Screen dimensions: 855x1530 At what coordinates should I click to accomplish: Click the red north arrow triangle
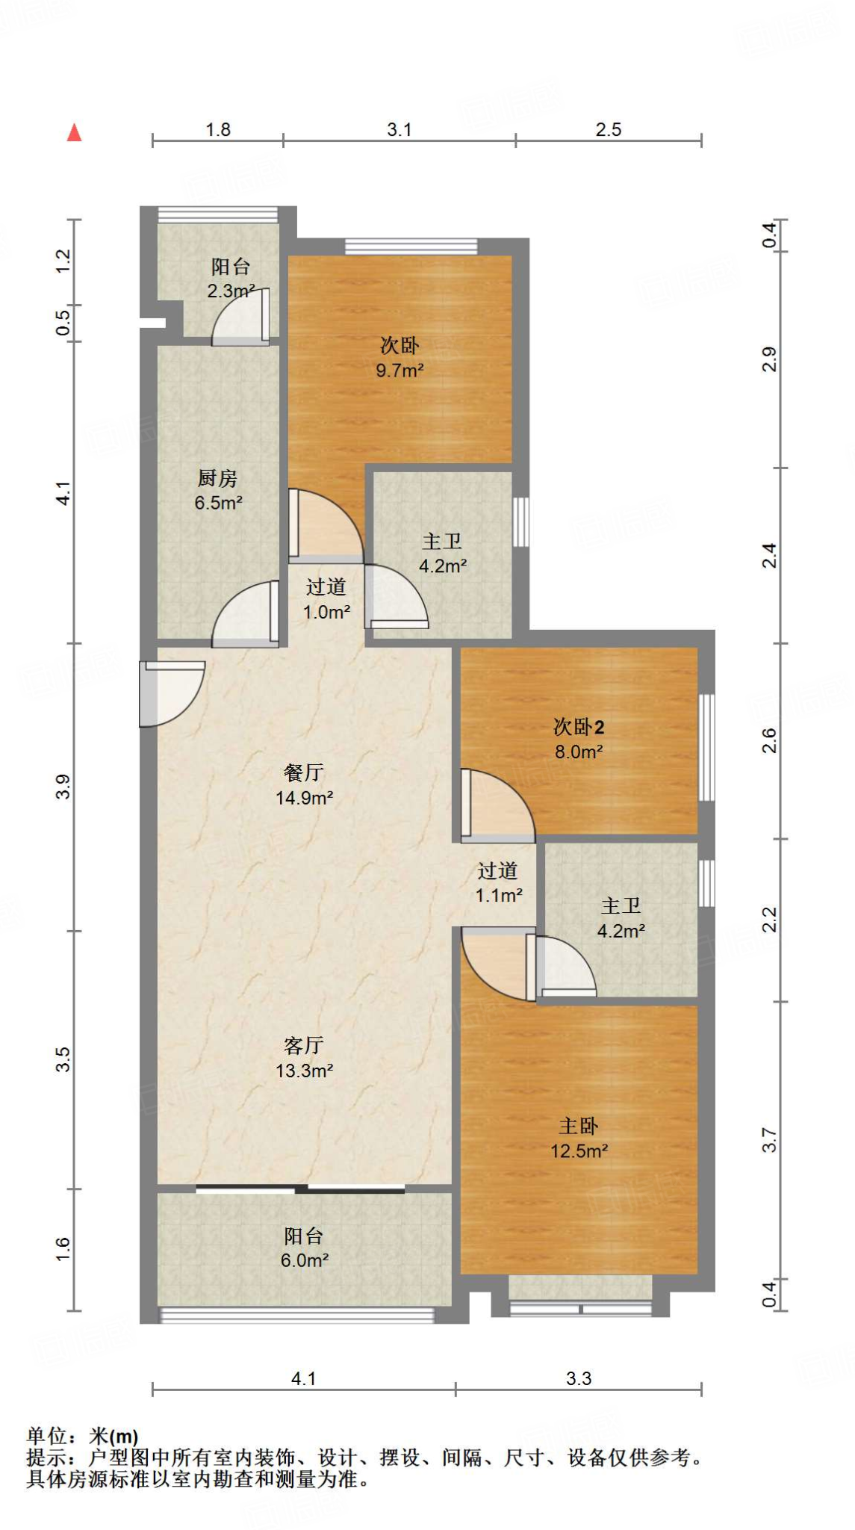(74, 132)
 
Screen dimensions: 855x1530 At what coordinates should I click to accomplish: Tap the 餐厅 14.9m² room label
(304, 784)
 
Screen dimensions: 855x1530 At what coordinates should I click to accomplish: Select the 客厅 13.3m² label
(304, 1057)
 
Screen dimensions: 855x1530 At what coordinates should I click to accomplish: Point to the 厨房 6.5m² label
(218, 490)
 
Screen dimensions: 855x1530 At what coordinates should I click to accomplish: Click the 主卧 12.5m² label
(579, 1138)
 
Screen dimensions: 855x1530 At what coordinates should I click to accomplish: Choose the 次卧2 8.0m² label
(579, 738)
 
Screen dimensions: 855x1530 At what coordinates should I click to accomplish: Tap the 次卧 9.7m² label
(399, 357)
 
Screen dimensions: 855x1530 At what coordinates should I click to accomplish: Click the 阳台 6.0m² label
(304, 1248)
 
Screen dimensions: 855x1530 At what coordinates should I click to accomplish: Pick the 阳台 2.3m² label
(231, 278)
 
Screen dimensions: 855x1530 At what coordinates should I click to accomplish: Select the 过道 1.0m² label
(326, 599)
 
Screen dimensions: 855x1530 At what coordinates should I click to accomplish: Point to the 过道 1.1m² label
(498, 882)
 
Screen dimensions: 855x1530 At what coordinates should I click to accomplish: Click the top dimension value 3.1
(399, 129)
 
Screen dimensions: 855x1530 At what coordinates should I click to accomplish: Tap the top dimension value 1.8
(218, 129)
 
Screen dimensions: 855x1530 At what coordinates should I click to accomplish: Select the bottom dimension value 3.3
(579, 1378)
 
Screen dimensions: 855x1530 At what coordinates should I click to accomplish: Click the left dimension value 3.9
(63, 787)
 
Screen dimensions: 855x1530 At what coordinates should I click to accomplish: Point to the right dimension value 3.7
(770, 1141)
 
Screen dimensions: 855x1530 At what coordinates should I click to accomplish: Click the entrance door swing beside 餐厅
(172, 693)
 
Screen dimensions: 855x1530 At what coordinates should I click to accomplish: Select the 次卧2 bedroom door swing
(497, 805)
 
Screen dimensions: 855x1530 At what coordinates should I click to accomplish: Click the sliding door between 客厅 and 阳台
(301, 1189)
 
